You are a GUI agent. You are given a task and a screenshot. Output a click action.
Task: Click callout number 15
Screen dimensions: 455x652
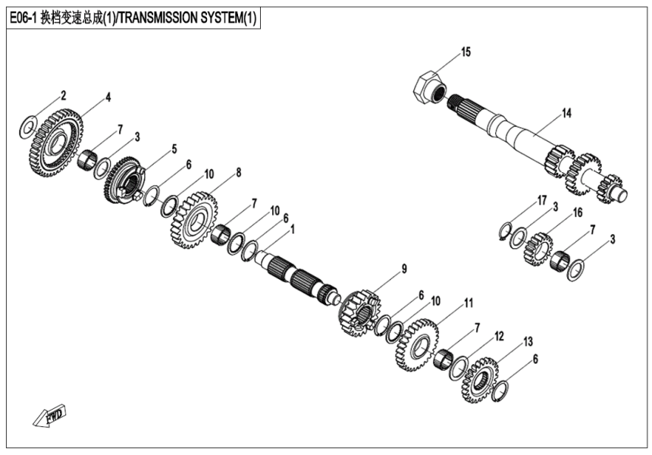[465, 52]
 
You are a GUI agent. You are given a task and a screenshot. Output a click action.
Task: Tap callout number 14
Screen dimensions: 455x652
[566, 114]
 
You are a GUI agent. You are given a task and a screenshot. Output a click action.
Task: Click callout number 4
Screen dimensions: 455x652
[108, 97]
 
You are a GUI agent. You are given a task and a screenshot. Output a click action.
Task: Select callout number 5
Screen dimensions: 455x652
[174, 148]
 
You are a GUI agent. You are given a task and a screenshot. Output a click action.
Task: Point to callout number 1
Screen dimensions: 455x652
[293, 228]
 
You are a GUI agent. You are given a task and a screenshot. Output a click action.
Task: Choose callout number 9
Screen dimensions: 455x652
[404, 268]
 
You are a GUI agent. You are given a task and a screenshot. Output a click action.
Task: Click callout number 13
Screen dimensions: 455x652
[528, 340]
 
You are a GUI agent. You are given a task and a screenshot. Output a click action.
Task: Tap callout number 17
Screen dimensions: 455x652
[542, 199]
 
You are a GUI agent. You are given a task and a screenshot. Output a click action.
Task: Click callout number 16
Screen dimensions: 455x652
[577, 213]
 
